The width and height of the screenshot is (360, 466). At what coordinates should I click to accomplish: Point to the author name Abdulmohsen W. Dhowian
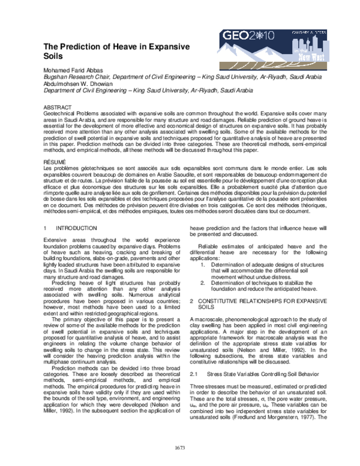click(x=81, y=85)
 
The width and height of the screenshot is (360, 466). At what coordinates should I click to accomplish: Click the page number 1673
click(x=180, y=446)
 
